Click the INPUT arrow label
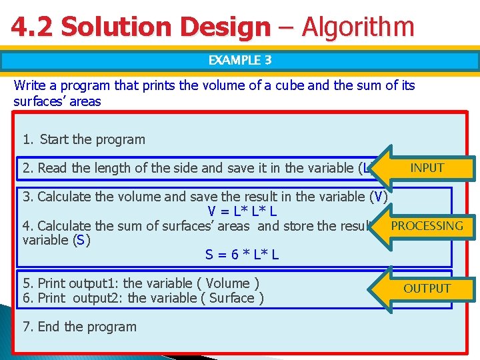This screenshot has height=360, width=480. click(427, 168)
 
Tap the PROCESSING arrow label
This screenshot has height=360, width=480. click(427, 225)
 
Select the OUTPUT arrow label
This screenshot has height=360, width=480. click(427, 288)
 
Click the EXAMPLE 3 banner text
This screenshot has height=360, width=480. click(240, 60)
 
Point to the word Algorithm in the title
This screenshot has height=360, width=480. click(358, 27)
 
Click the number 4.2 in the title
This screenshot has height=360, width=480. click(33, 27)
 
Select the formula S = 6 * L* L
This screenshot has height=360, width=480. click(242, 255)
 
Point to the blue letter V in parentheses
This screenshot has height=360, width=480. click(378, 197)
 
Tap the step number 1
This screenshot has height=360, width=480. click(27, 139)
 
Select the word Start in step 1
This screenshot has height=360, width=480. click(54, 139)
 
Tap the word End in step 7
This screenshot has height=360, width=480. click(49, 327)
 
